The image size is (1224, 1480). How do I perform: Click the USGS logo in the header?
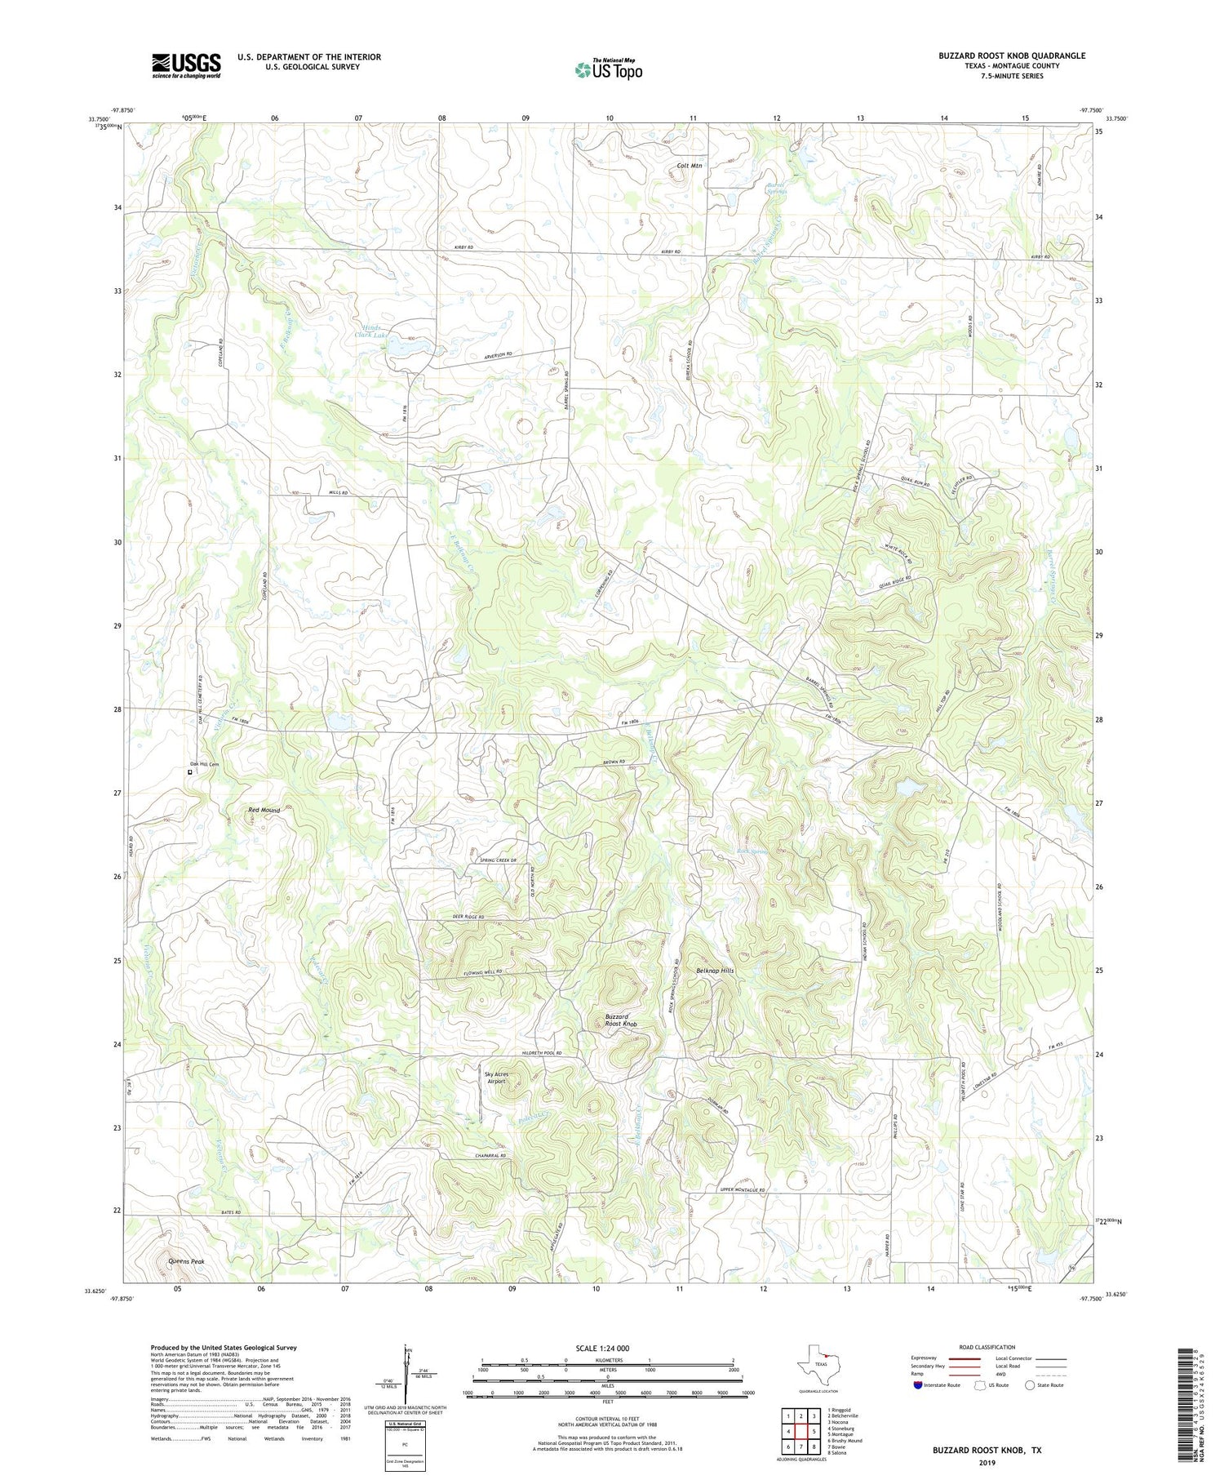pyautogui.click(x=186, y=65)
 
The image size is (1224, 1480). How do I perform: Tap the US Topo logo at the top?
pyautogui.click(x=609, y=69)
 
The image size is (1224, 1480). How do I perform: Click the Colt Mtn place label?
pyautogui.click(x=690, y=166)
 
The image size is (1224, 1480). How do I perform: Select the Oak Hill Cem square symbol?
pyautogui.click(x=190, y=771)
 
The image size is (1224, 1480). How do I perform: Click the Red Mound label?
pyautogui.click(x=264, y=810)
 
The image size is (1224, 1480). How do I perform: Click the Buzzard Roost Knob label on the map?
pyautogui.click(x=621, y=1020)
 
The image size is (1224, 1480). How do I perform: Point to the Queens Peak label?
pyautogui.click(x=186, y=1261)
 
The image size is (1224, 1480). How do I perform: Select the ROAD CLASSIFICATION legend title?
pyautogui.click(x=987, y=1347)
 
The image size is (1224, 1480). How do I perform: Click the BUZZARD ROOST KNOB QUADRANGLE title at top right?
pyautogui.click(x=1011, y=56)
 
